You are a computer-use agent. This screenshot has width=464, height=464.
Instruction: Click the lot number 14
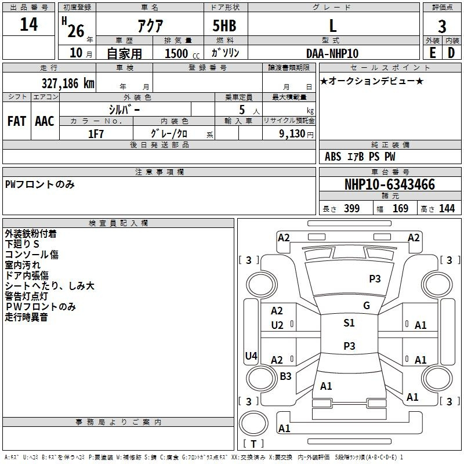(28, 26)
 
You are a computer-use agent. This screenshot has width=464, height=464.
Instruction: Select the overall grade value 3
(442, 27)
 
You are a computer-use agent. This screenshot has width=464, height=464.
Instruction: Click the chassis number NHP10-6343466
(390, 185)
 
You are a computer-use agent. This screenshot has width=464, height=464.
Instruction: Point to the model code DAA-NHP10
(332, 53)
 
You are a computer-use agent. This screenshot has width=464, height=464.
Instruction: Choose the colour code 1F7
(96, 134)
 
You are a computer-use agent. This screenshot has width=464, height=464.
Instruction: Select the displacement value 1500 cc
(178, 53)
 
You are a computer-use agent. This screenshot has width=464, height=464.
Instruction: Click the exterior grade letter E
(432, 53)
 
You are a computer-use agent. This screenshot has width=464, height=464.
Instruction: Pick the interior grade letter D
(451, 53)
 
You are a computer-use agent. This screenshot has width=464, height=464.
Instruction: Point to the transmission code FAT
(17, 121)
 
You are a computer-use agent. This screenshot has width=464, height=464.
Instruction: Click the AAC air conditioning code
(44, 121)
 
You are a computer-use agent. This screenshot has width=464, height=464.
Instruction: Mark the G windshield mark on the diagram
(367, 306)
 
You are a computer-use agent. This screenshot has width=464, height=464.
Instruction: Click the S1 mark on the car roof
(349, 323)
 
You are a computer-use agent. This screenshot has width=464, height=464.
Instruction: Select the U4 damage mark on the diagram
(251, 356)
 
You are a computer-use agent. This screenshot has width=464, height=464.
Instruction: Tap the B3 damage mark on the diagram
(285, 376)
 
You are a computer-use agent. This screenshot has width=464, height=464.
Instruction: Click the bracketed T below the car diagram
(253, 444)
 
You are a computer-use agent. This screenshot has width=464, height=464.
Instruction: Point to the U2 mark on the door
(277, 325)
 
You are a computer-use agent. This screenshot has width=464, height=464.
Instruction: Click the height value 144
(447, 209)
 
